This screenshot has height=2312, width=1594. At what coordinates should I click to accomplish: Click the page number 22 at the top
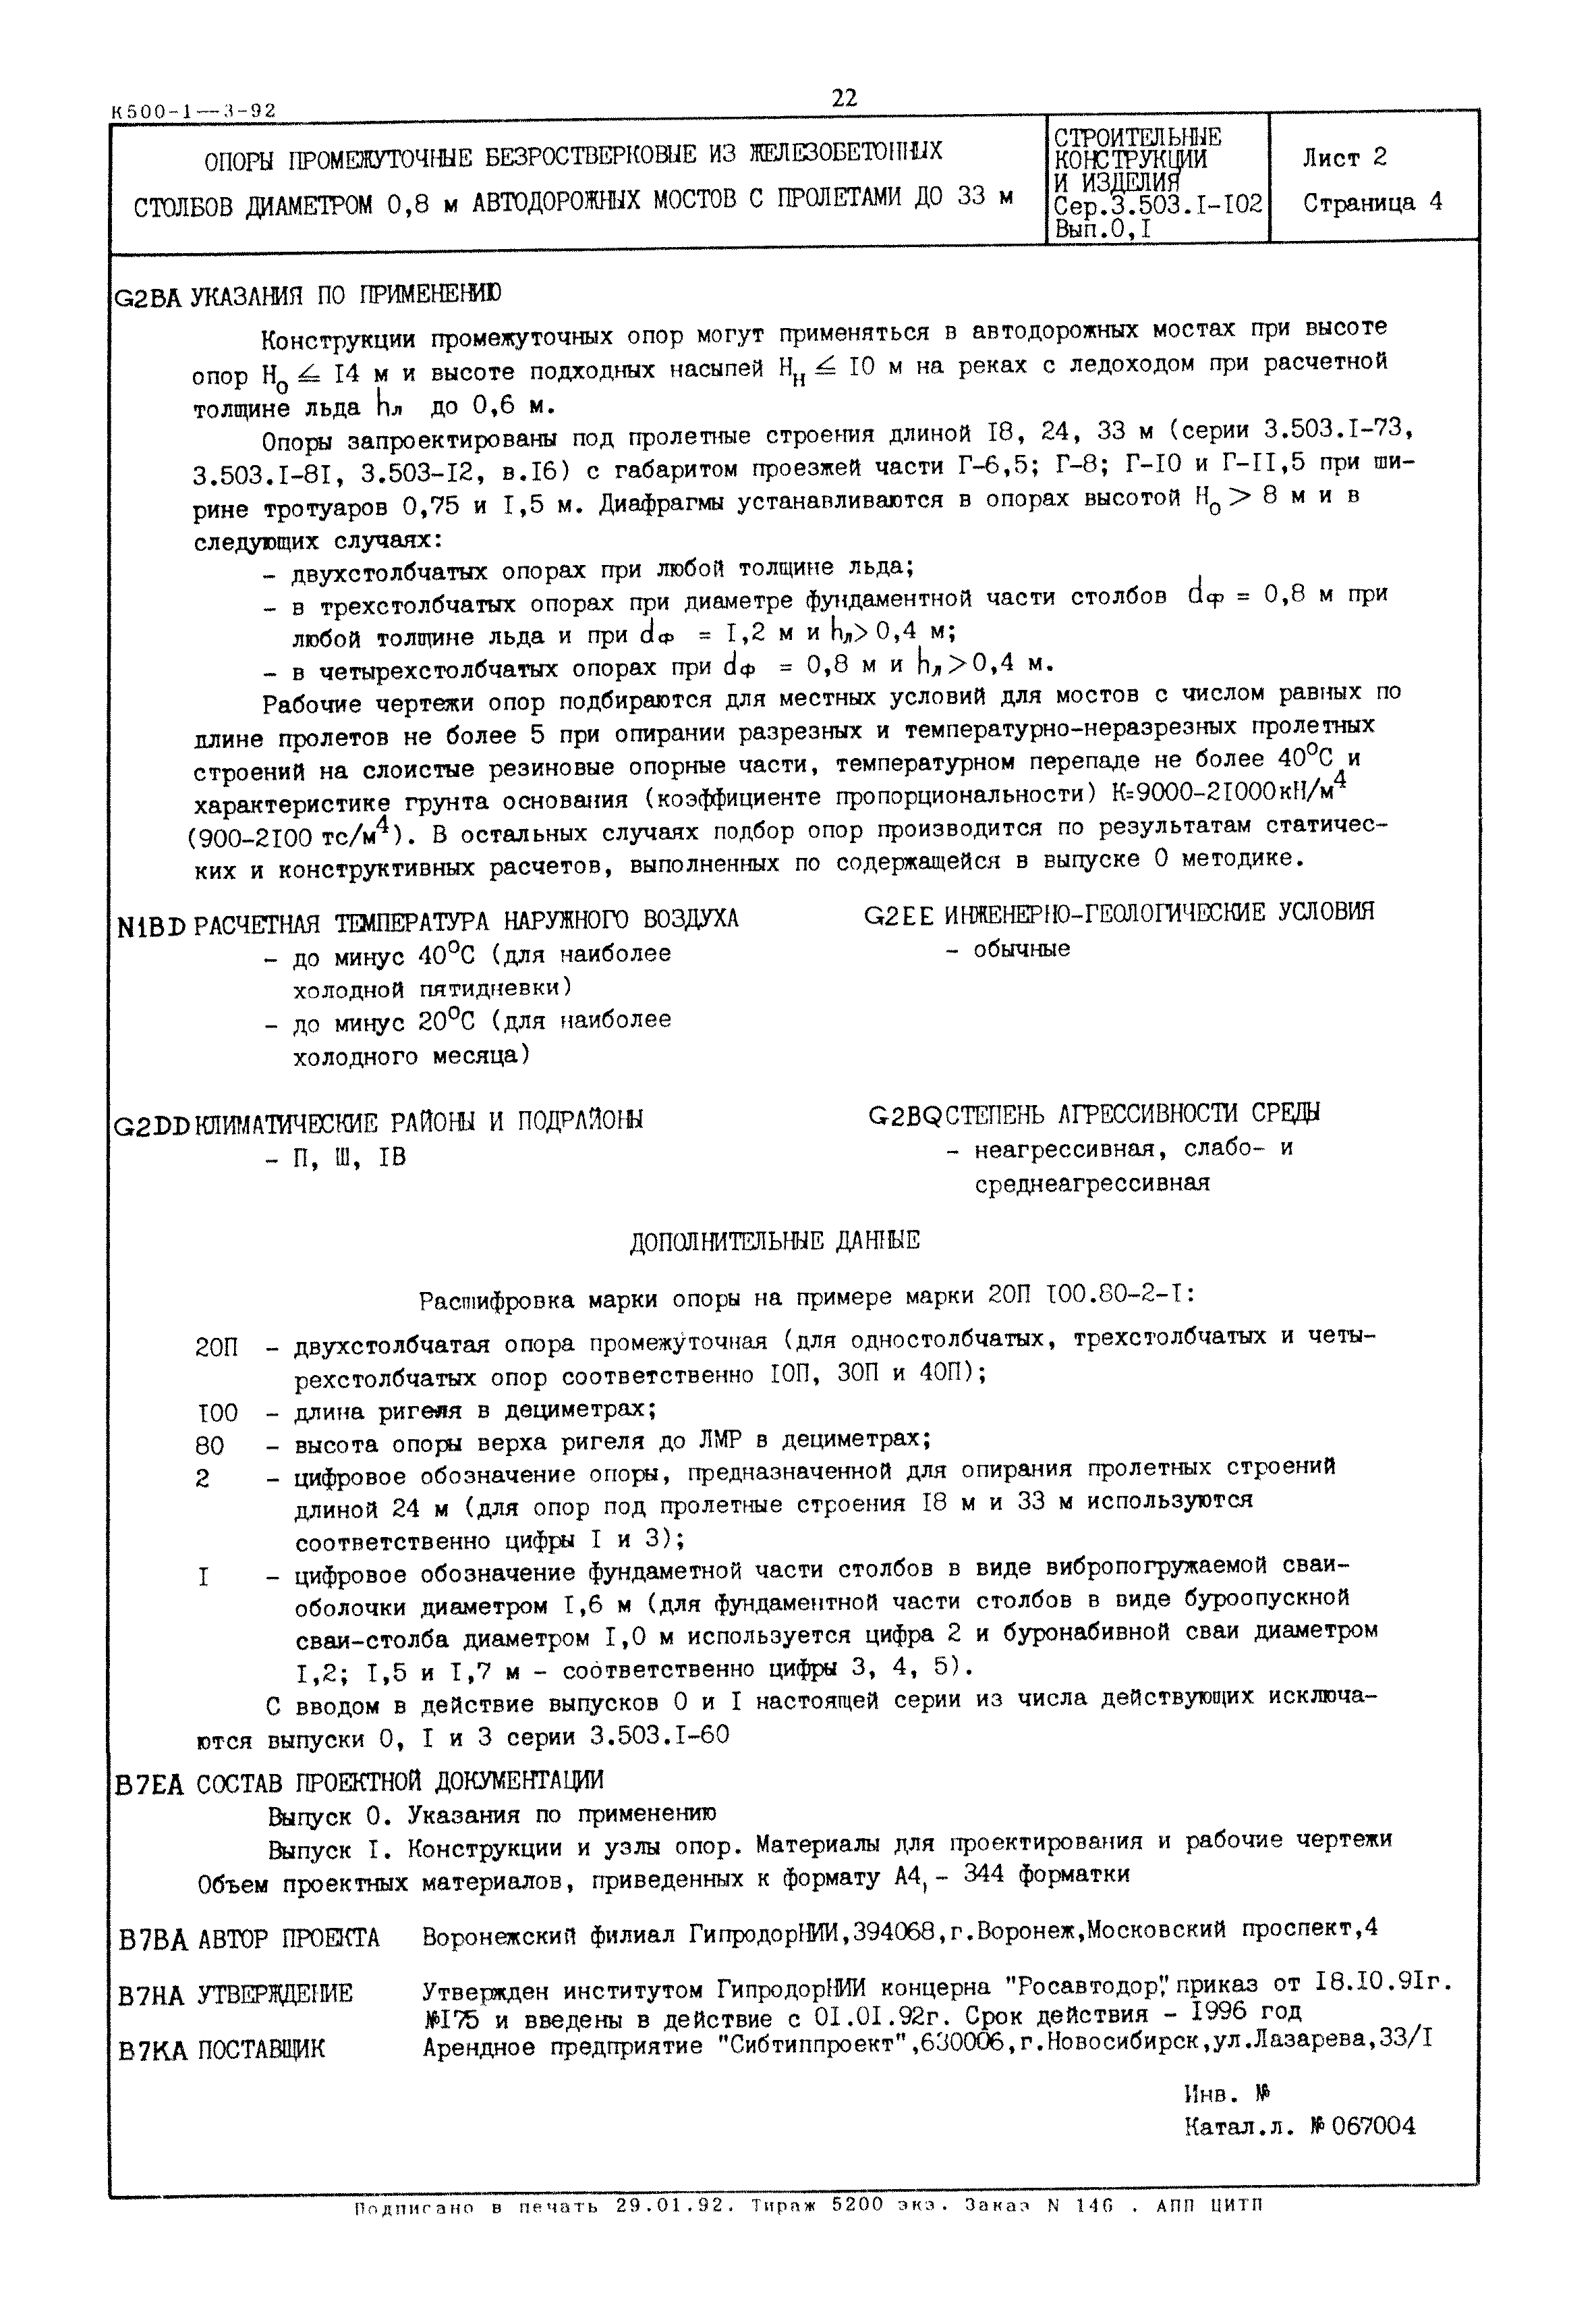(844, 98)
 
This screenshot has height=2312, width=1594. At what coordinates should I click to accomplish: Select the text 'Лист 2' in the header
(1344, 158)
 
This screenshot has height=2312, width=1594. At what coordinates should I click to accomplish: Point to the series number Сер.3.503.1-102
(1158, 205)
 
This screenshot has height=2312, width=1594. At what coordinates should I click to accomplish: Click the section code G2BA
(148, 297)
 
